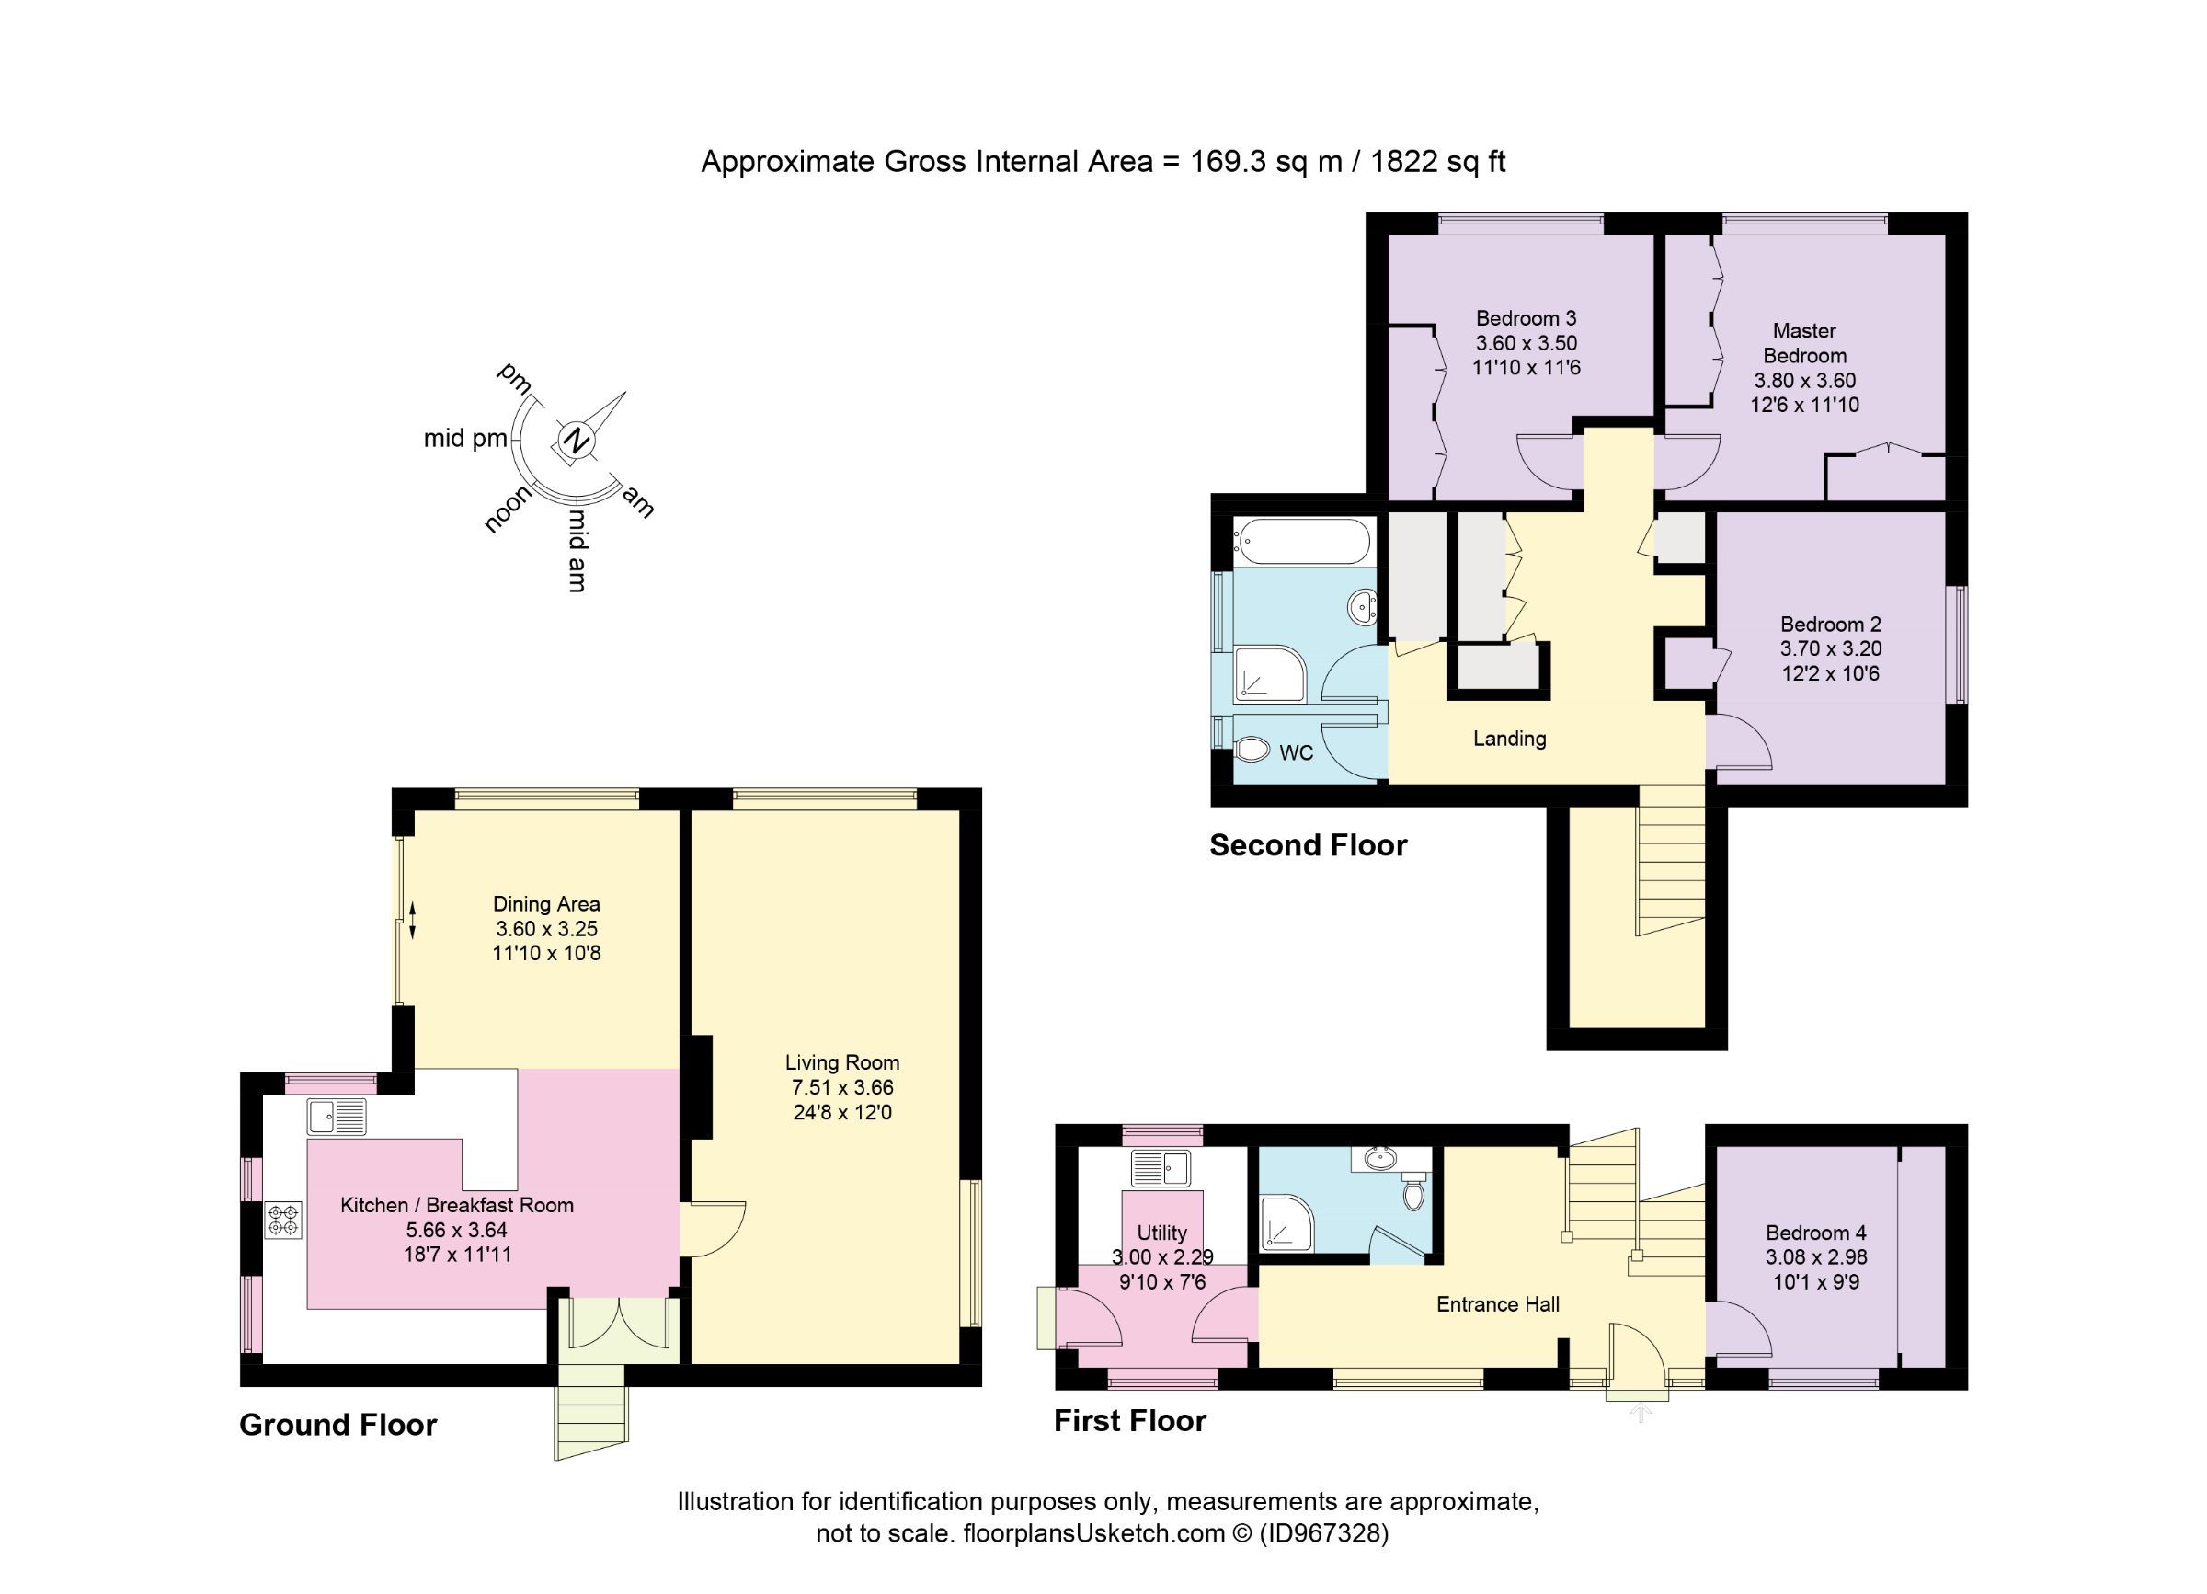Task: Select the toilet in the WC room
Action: (1252, 751)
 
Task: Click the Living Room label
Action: (841, 1062)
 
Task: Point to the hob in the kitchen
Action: (284, 1221)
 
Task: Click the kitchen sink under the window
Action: (336, 1117)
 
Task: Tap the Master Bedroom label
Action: (1804, 342)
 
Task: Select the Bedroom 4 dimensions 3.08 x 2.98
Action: (1816, 1256)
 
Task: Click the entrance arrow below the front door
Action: (1641, 1412)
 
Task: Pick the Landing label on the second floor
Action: (1508, 739)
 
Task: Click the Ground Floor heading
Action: (337, 1425)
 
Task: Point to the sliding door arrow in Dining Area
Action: (412, 921)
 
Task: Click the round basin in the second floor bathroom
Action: (1362, 607)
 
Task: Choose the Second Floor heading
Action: (1307, 844)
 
